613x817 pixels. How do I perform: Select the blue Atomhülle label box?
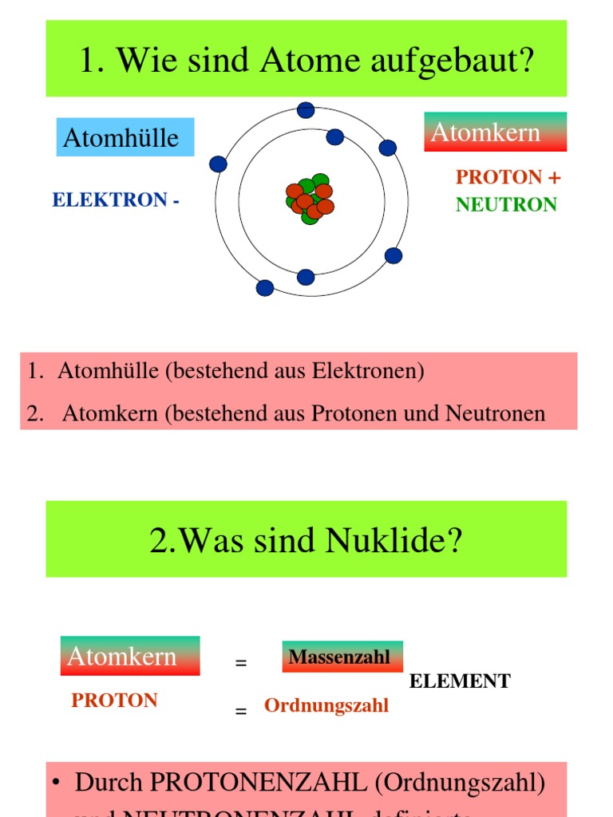click(125, 137)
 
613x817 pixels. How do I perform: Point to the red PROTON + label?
click(508, 177)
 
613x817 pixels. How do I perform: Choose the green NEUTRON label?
click(506, 205)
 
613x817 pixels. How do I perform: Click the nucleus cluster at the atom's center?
click(310, 199)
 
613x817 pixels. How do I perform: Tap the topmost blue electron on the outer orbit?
click(306, 110)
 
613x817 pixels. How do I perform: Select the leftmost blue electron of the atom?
click(218, 164)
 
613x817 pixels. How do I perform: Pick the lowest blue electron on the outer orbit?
click(265, 287)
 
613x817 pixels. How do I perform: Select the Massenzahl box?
click(342, 657)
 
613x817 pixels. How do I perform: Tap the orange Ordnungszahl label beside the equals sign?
click(326, 706)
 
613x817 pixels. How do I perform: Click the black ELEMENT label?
click(460, 681)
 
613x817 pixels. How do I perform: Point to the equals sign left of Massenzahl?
click(241, 663)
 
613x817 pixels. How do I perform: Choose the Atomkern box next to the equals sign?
click(129, 656)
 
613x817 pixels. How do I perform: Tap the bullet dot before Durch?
click(57, 783)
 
